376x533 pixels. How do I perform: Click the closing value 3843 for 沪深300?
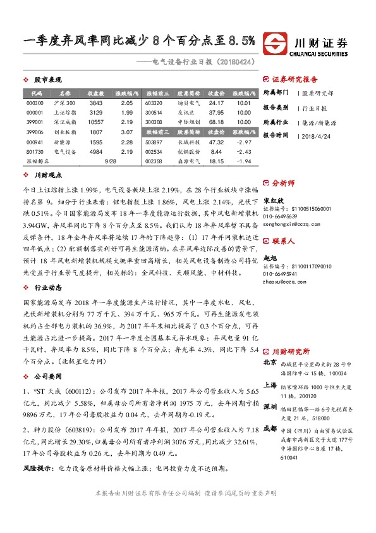(x=96, y=103)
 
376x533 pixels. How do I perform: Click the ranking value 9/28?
(x=111, y=162)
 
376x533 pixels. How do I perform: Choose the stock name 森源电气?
(x=188, y=162)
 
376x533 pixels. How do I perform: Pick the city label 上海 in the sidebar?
(x=270, y=385)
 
